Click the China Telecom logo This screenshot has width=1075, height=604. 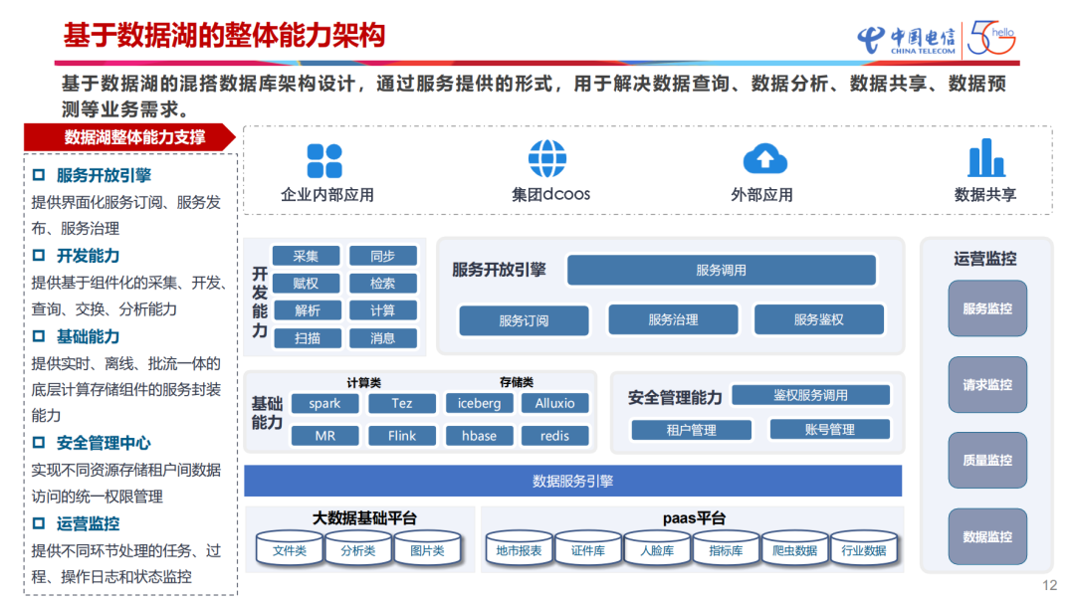905,39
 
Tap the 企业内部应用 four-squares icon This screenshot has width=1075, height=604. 324,160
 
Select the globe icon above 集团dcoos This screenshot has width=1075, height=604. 546,159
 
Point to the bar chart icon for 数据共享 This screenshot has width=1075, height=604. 985,158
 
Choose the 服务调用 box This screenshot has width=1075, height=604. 721,270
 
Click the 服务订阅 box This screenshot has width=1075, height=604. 524,320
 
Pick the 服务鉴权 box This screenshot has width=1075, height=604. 818,319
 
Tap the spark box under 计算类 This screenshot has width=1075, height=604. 324,403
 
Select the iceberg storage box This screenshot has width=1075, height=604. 479,403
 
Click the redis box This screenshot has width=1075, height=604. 554,436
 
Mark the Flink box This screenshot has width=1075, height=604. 401,436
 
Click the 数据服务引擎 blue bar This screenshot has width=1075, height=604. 572,482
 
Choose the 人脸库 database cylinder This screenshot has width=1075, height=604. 657,550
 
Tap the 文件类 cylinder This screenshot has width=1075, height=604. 290,550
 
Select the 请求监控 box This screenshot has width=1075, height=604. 986,385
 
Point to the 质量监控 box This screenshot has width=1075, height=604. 986,460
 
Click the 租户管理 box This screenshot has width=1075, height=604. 691,430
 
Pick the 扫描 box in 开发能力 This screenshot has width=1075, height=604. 307,338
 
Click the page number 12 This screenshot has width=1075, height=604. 1049,585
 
